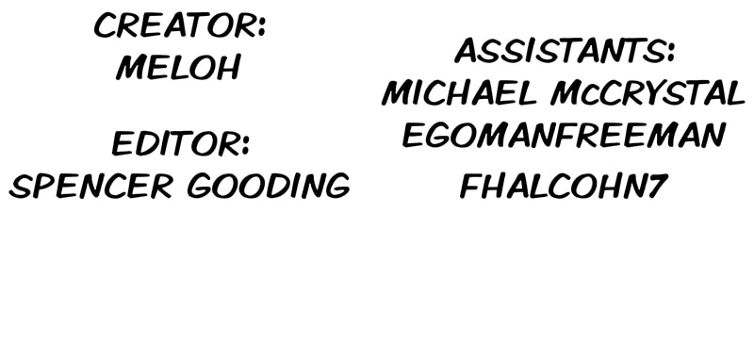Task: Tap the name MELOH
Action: click(178, 67)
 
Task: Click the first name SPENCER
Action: click(90, 186)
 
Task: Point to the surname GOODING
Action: click(269, 186)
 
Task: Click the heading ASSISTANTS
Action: click(560, 51)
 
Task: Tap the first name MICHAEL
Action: click(459, 92)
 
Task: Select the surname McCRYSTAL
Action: click(647, 92)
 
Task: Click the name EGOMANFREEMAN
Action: click(564, 135)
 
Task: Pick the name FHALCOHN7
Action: click(564, 186)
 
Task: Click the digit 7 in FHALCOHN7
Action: click(656, 186)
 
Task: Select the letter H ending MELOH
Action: click(227, 68)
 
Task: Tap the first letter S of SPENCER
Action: click(19, 186)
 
